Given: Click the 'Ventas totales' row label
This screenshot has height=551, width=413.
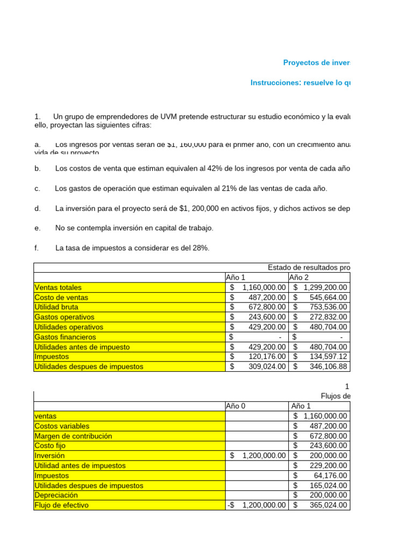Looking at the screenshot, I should point(58,287).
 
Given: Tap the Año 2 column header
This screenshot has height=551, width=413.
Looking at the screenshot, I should point(300,278).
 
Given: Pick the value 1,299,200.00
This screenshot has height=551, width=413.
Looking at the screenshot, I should point(321,287).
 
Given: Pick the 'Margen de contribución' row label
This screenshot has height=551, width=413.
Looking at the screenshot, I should point(73,436).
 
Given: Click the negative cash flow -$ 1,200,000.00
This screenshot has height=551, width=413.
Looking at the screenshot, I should point(257,505).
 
